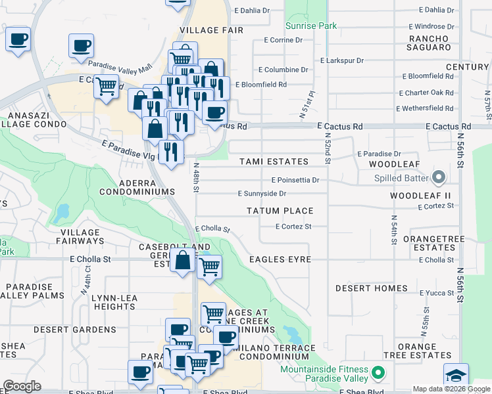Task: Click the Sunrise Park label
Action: [311, 26]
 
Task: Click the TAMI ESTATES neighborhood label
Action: [274, 162]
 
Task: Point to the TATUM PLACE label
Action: [280, 211]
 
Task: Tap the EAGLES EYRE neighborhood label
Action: [280, 259]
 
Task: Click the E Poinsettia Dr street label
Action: [295, 180]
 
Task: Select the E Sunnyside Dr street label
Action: [262, 194]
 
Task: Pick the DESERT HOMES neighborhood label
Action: [372, 288]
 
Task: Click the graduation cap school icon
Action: [456, 376]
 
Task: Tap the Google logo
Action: [22, 386]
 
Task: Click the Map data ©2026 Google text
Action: [451, 389]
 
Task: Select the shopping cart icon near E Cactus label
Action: [106, 85]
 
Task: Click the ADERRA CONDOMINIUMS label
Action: [137, 186]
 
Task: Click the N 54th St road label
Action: [393, 230]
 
